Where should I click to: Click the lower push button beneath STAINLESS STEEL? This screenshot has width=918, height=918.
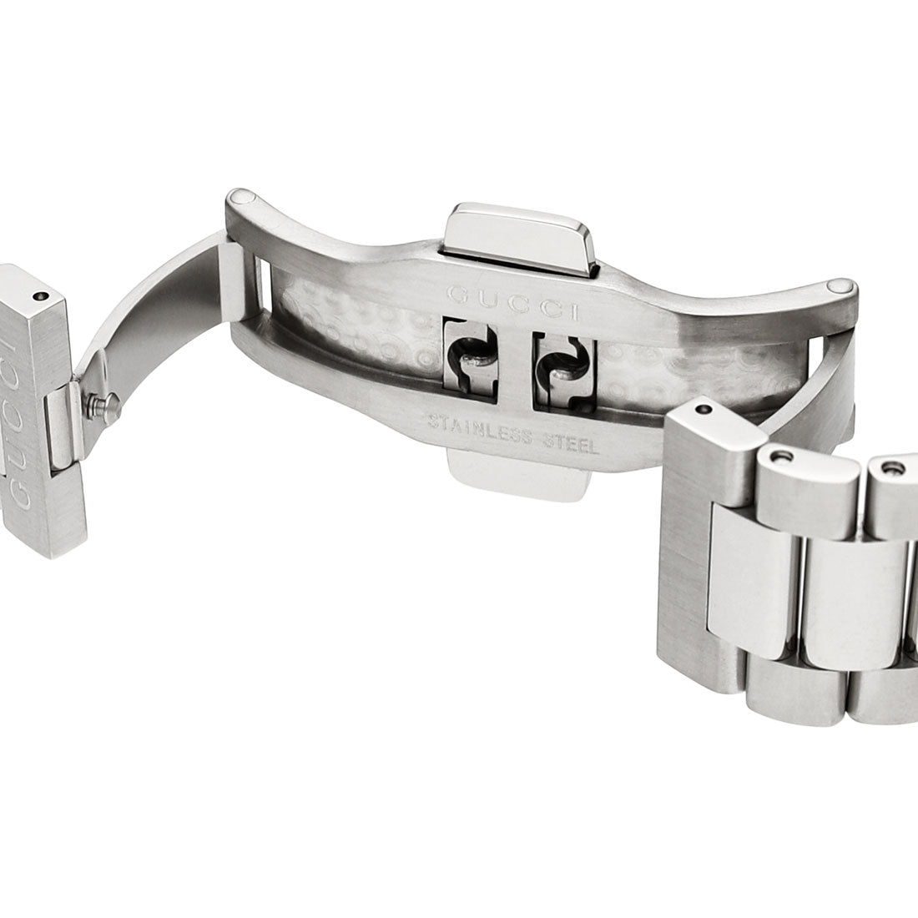click(518, 472)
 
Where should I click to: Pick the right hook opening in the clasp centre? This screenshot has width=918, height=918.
click(564, 370)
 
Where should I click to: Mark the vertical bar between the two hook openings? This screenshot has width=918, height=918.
click(515, 364)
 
